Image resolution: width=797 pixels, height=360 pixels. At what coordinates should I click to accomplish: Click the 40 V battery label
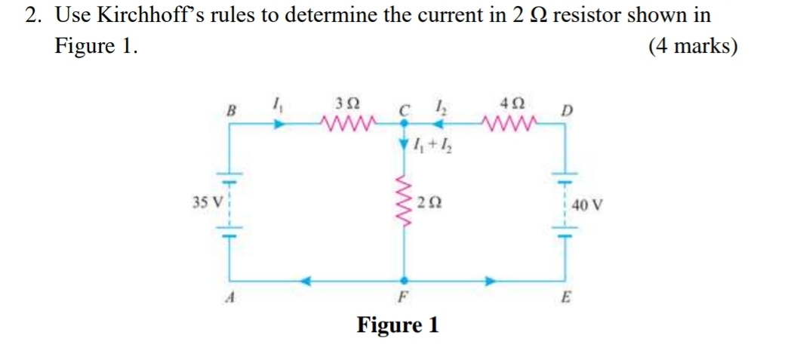[x=586, y=204]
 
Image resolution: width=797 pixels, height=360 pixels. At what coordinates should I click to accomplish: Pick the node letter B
[x=231, y=110]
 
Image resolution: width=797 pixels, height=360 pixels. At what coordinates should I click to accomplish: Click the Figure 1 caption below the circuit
[x=398, y=326]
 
